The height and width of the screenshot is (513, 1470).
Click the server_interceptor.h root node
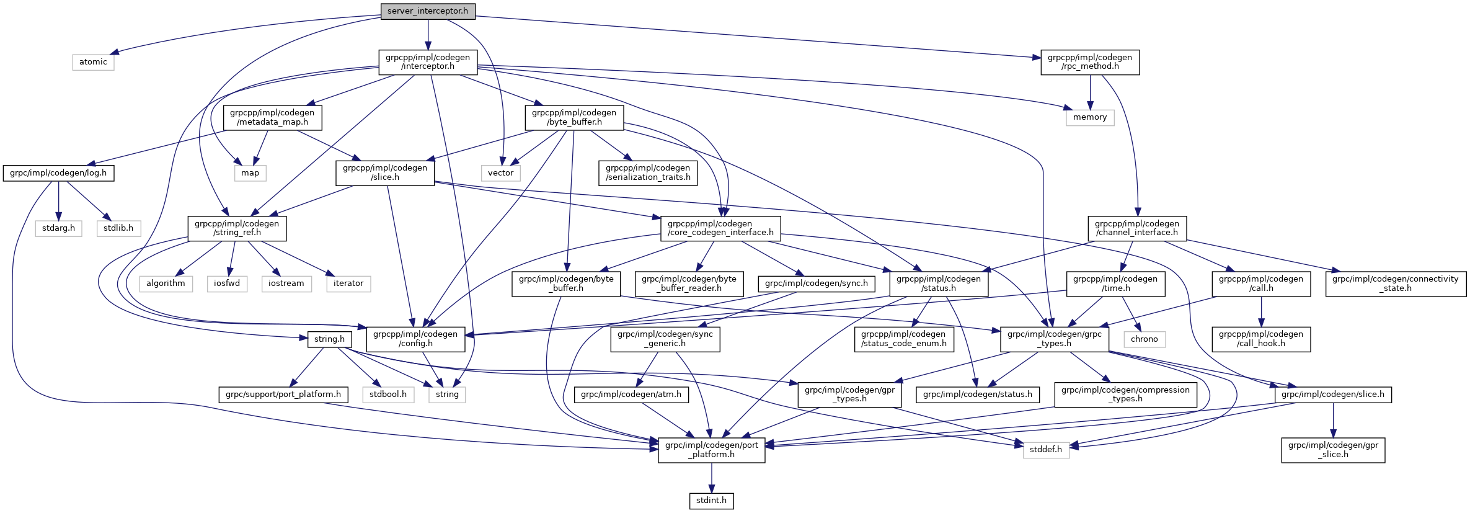[x=428, y=11]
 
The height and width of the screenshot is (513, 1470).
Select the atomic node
[x=93, y=62]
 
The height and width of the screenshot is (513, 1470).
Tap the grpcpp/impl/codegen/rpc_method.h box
[x=1089, y=62]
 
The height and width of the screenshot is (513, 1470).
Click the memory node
[x=1089, y=117]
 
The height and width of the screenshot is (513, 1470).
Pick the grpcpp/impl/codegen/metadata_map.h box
[x=272, y=117]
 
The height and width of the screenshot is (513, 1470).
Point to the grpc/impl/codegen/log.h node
[x=58, y=173]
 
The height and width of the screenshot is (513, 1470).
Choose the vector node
[x=500, y=173]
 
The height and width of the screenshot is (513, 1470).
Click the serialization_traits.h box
[x=647, y=173]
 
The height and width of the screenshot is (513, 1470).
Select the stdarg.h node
[x=58, y=228]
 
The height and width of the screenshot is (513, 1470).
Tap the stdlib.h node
[x=118, y=228]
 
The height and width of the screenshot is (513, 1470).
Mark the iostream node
[x=286, y=283]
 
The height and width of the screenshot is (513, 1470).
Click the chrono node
[x=1144, y=339]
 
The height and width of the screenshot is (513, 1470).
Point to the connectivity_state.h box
[x=1396, y=283]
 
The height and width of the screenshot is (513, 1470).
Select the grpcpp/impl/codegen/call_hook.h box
[x=1260, y=339]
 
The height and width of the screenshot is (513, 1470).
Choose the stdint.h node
[x=711, y=501]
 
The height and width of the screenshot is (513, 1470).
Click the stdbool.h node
[x=388, y=395]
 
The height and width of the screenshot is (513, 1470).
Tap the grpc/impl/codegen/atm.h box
[x=631, y=395]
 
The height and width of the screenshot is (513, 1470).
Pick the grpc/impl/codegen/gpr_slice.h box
[x=1333, y=450]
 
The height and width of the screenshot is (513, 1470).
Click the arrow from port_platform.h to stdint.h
[x=712, y=478]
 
